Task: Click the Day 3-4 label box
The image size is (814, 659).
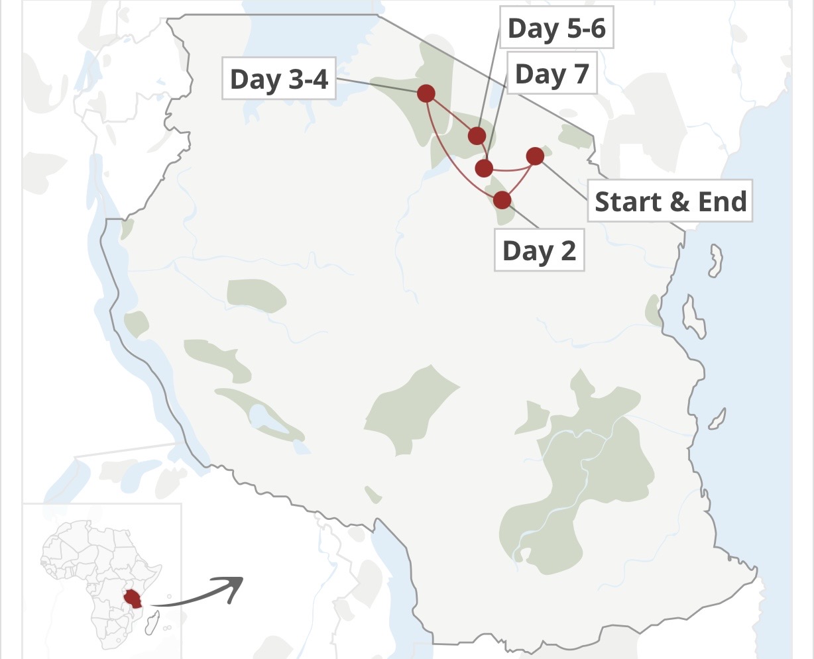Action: tap(278, 79)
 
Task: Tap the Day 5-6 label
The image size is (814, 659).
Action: tap(557, 28)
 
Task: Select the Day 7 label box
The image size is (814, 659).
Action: tap(552, 74)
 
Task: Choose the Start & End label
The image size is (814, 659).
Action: tap(670, 201)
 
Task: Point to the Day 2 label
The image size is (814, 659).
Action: tap(539, 251)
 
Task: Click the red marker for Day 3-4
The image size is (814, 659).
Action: tap(426, 93)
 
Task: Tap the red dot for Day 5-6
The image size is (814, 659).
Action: tap(477, 136)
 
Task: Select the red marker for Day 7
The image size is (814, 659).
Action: tap(485, 168)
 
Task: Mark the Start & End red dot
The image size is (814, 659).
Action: tap(535, 156)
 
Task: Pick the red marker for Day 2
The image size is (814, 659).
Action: tap(502, 199)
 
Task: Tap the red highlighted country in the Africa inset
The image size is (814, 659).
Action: tap(135, 597)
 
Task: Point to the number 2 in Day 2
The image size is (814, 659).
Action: tap(567, 251)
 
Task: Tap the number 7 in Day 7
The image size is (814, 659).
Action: tap(581, 74)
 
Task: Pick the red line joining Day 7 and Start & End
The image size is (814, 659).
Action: tap(510, 170)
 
